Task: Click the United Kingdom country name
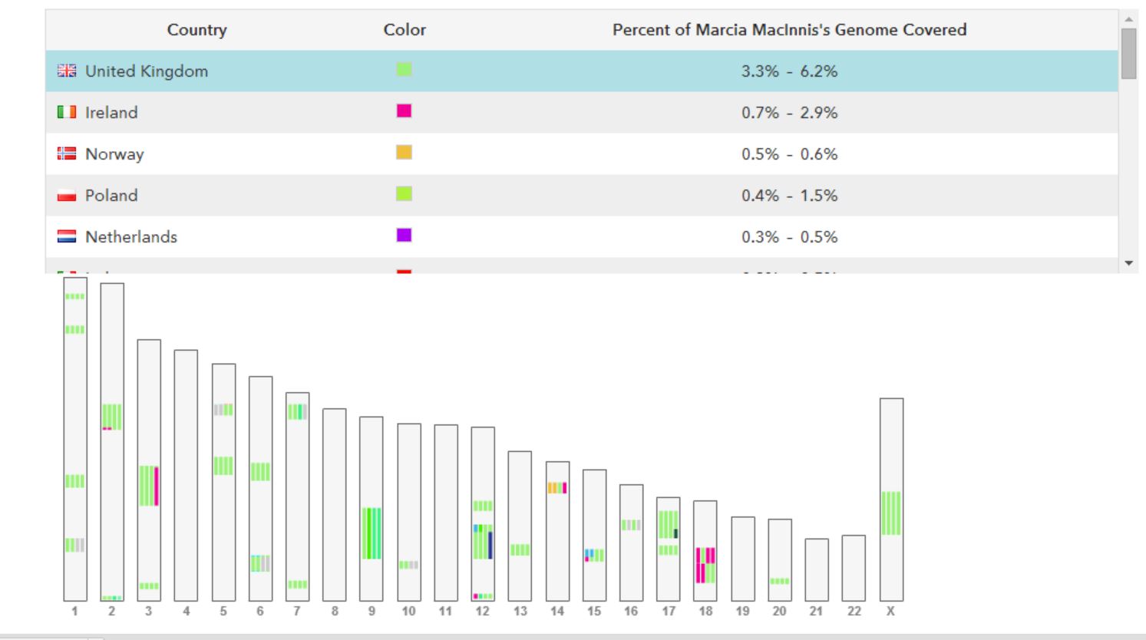pos(146,71)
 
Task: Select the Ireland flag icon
pos(67,113)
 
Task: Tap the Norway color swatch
pos(404,153)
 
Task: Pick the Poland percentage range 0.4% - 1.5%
pos(789,196)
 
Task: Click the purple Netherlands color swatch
pos(404,235)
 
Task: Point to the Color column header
pos(405,30)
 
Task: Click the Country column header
pos(197,30)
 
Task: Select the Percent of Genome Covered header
pos(789,30)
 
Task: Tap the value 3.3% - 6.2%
pos(789,71)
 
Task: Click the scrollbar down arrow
pos(1128,263)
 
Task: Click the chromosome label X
pos(890,612)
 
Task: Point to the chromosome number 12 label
pos(482,612)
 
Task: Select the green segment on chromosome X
pos(891,513)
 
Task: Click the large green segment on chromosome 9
pos(372,533)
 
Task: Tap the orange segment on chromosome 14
pos(554,487)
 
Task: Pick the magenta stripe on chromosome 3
pos(157,486)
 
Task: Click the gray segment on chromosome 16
pos(631,525)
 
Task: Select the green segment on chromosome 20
pos(780,581)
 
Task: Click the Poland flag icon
pos(67,196)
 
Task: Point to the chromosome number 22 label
pos(854,612)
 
